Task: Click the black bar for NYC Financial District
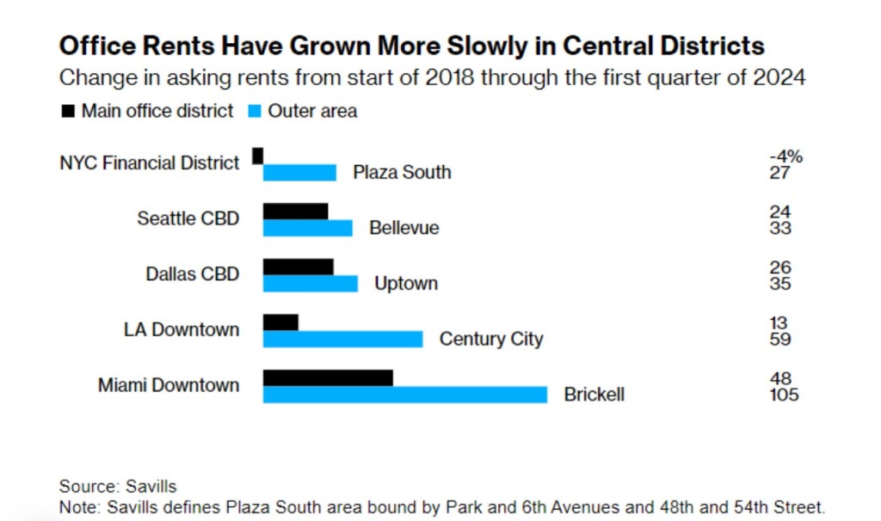pyautogui.click(x=257, y=156)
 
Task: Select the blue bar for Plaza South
pyautogui.click(x=299, y=173)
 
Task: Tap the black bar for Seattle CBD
pyautogui.click(x=295, y=211)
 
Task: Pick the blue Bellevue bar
pyautogui.click(x=307, y=228)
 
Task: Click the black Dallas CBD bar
pyautogui.click(x=298, y=267)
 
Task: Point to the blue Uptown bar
pyautogui.click(x=310, y=284)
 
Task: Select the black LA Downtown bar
pyautogui.click(x=280, y=322)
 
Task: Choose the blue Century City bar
pyautogui.click(x=342, y=339)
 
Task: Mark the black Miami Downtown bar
pyautogui.click(x=328, y=377)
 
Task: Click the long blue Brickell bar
pyautogui.click(x=404, y=395)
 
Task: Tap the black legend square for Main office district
pyautogui.click(x=67, y=112)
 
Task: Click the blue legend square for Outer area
pyautogui.click(x=254, y=112)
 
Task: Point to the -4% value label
pyautogui.click(x=785, y=156)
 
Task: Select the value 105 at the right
pyautogui.click(x=784, y=395)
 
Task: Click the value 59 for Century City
pyautogui.click(x=780, y=340)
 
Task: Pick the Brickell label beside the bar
pyautogui.click(x=594, y=395)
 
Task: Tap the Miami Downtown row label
pyautogui.click(x=169, y=385)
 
